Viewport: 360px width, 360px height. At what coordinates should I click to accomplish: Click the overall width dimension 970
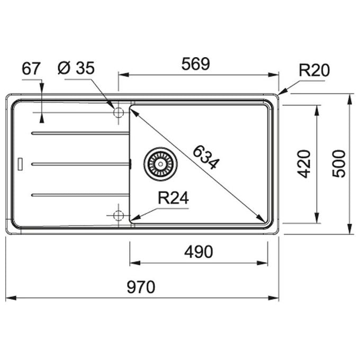coord(141,287)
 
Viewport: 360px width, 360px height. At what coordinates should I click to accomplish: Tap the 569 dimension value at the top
coord(195,64)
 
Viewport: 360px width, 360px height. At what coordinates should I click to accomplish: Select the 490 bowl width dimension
coord(199,252)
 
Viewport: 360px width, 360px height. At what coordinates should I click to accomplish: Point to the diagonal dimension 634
coord(206,157)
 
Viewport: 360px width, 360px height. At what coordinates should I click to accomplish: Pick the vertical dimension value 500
coord(339,164)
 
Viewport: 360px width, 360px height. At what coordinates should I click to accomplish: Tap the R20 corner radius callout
coord(314,70)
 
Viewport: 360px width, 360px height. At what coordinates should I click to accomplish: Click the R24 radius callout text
coord(173,198)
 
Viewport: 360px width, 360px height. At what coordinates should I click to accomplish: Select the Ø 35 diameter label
coord(76,68)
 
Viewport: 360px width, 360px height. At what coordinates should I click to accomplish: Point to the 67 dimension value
coord(31,69)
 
